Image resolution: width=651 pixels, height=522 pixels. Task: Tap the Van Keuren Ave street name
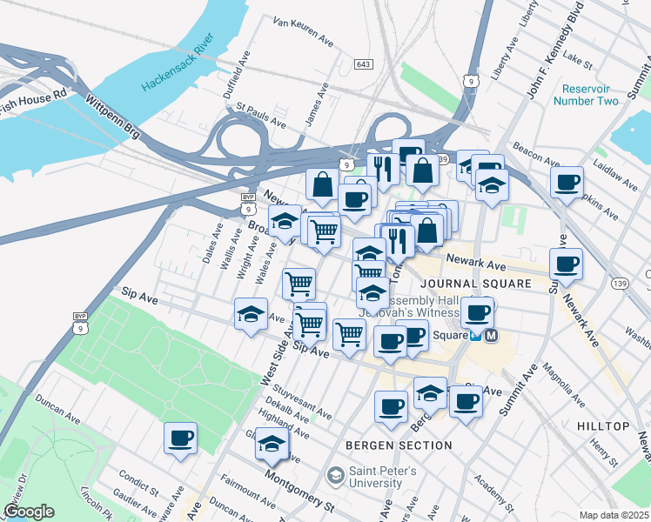303,31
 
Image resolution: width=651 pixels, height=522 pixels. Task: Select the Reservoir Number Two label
590,95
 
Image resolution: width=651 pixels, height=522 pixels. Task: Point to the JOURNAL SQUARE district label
475,284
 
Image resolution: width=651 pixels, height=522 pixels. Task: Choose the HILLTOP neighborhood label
602,426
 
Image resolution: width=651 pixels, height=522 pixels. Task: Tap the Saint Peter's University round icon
335,476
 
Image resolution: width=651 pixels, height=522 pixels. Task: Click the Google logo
28,512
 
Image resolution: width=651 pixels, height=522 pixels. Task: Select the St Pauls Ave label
261,117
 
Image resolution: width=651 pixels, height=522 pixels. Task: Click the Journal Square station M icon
492,335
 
